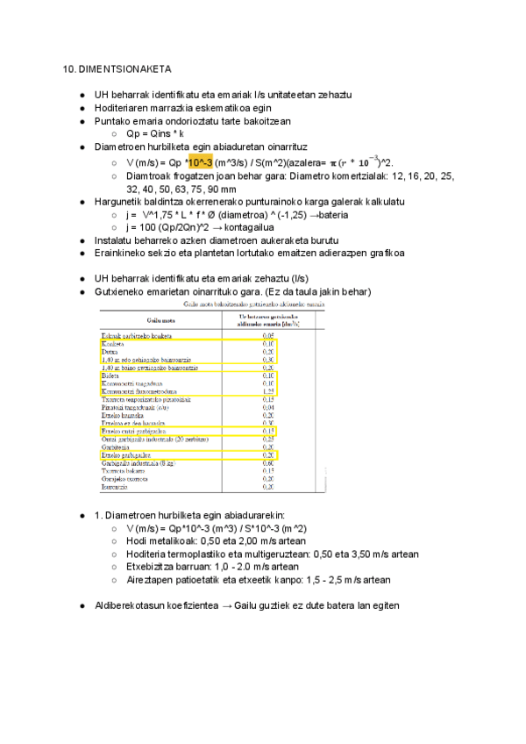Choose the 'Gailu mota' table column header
click(159, 320)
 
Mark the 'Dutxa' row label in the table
click(110, 352)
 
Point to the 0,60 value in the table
click(269, 462)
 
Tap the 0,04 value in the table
click(269, 406)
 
